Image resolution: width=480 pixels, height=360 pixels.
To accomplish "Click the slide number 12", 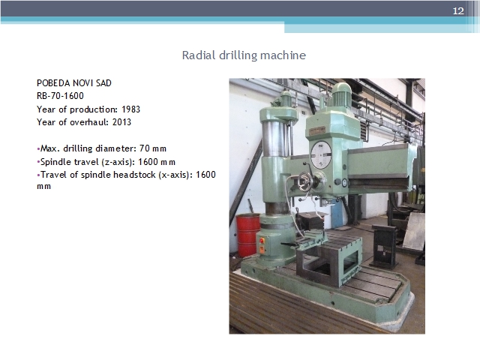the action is pos(458,11).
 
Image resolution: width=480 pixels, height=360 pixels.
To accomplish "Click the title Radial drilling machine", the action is pos(244,55).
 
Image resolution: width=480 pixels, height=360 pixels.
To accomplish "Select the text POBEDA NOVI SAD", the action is pos(74,83).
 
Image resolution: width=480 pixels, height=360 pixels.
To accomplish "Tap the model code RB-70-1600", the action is pos(60,96).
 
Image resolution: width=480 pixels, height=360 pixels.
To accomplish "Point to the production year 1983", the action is pos(130,109).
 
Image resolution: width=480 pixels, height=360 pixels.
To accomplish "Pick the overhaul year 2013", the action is pos(121,122).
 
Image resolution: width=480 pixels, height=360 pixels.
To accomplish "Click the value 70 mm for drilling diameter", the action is pos(153,148).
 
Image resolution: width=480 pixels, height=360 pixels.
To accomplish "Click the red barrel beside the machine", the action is pos(248,235).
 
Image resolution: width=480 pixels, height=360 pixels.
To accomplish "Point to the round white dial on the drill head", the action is pos(321,155).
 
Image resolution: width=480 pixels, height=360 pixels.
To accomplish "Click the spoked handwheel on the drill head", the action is pos(305,181).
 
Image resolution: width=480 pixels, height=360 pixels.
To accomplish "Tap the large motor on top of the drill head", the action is pos(340,94).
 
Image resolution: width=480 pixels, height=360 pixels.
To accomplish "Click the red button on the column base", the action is pos(262,241).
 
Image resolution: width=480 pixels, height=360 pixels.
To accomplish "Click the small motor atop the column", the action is pos(286,99).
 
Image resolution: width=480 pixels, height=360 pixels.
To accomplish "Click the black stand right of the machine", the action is pos(385,247).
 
